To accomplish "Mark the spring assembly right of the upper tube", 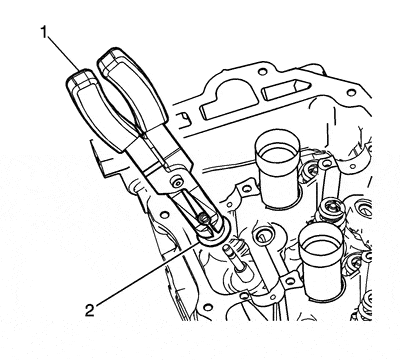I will (329, 205).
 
